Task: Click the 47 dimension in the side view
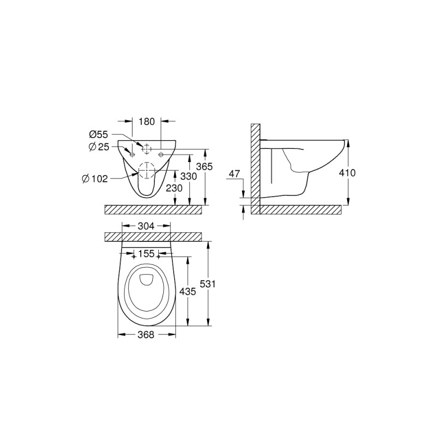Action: (x=234, y=175)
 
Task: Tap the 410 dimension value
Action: (x=347, y=173)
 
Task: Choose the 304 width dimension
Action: (x=146, y=226)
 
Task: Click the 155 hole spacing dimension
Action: (x=146, y=255)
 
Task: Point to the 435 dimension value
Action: (x=188, y=292)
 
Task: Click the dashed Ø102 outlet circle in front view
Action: (x=146, y=171)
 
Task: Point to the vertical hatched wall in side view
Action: (x=255, y=164)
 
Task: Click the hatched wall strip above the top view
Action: (x=153, y=237)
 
